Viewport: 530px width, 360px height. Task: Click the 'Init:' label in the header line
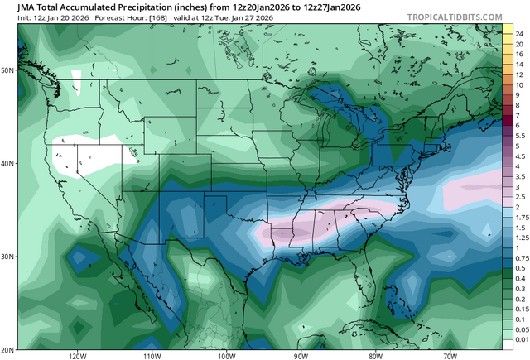12,20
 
